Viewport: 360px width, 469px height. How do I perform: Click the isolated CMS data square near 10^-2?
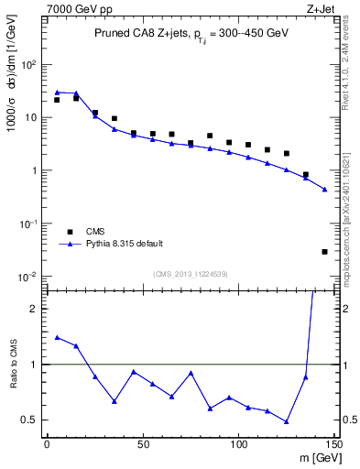point(324,251)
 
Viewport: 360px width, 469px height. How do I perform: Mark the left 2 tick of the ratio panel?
point(35,309)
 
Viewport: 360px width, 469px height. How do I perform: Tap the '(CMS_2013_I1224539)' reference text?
point(190,273)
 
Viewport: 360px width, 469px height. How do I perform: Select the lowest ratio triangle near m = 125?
point(287,421)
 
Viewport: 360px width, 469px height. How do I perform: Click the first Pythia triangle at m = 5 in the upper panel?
point(57,93)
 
